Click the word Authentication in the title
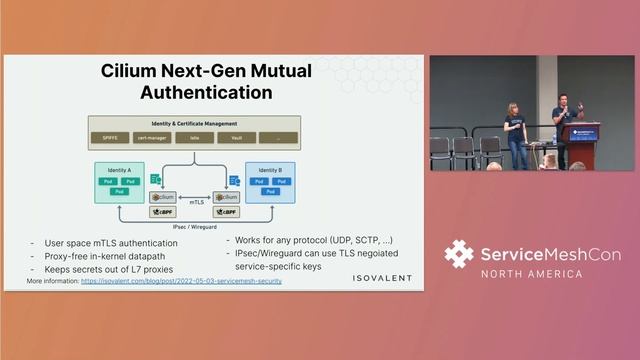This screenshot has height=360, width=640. pyautogui.click(x=206, y=92)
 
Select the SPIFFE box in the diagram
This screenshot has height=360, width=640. pyautogui.click(x=103, y=137)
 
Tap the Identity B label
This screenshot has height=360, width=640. pyautogui.click(x=269, y=170)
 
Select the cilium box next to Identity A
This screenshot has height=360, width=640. pyautogui.click(x=162, y=197)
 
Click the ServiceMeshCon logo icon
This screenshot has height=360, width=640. pyautogui.click(x=459, y=254)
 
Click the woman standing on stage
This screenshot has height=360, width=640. pyautogui.click(x=515, y=133)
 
